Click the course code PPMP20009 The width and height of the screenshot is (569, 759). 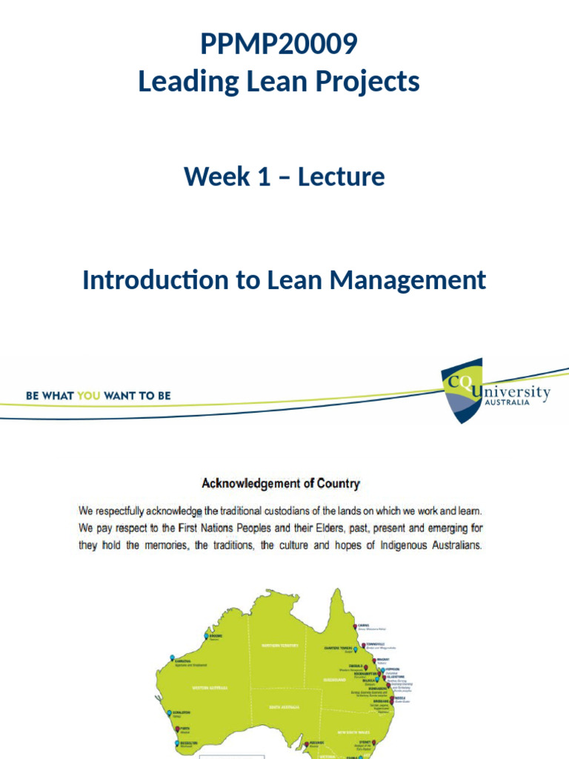pyautogui.click(x=279, y=44)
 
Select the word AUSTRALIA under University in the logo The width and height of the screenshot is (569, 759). pyautogui.click(x=507, y=403)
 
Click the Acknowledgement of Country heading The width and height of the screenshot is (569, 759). pyautogui.click(x=281, y=484)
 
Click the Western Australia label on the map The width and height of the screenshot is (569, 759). pyautogui.click(x=210, y=688)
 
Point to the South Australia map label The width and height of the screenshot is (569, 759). pyautogui.click(x=284, y=707)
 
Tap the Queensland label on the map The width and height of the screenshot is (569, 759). pyautogui.click(x=334, y=679)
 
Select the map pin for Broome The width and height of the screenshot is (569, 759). pyautogui.click(x=207, y=635)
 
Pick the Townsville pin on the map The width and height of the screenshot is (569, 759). pyautogui.click(x=363, y=644)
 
